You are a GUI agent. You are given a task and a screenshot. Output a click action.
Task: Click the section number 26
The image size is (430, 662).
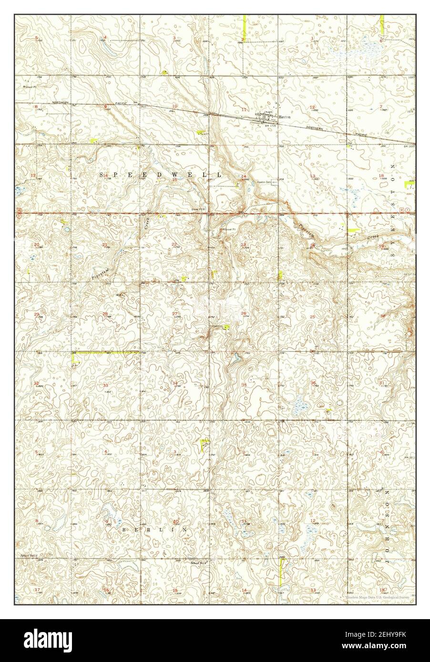click(244, 313)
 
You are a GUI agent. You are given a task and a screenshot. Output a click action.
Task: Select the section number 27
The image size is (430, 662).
click(175, 313)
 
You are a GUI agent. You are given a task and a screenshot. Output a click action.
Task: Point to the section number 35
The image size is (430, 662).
click(244, 385)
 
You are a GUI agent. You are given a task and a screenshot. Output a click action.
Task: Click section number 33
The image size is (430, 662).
click(105, 385)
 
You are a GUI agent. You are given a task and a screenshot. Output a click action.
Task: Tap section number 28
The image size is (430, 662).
click(105, 313)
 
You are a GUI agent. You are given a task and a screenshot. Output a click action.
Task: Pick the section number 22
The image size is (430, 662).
click(174, 244)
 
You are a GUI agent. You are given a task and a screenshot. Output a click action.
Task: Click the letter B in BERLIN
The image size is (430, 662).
click(125, 530)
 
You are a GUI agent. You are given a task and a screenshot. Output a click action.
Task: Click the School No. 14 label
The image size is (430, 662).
click(29, 556)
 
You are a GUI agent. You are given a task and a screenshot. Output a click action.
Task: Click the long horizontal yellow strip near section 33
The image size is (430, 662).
click(105, 352)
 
